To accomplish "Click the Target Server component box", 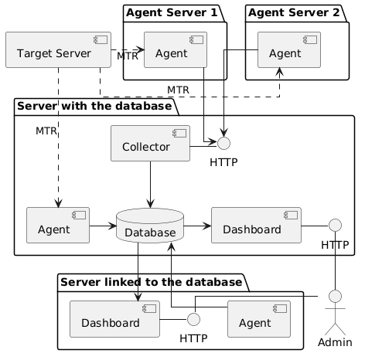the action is click(x=58, y=50).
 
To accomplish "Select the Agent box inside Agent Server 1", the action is click(x=176, y=50).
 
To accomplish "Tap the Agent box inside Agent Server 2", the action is click(x=289, y=50).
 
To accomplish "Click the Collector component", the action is click(x=150, y=144).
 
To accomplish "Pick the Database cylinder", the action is click(x=150, y=226).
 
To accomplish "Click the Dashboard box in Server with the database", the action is click(x=256, y=226).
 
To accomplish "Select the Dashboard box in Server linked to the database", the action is click(x=114, y=319).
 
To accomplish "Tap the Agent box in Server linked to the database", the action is click(x=259, y=319).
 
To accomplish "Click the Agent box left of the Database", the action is click(x=58, y=226).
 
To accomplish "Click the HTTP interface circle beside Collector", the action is click(x=223, y=143).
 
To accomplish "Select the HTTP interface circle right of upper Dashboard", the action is click(x=335, y=226).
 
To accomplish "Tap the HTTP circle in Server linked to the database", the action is click(x=193, y=319).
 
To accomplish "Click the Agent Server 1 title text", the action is click(x=172, y=12).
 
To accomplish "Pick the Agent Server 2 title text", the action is click(x=294, y=12).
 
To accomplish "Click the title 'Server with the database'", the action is click(x=94, y=106).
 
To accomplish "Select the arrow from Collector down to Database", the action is click(x=150, y=185).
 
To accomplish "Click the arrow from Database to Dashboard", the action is click(x=197, y=226).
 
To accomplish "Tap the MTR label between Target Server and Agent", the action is click(x=128, y=56).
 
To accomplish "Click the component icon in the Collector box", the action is click(x=179, y=133).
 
